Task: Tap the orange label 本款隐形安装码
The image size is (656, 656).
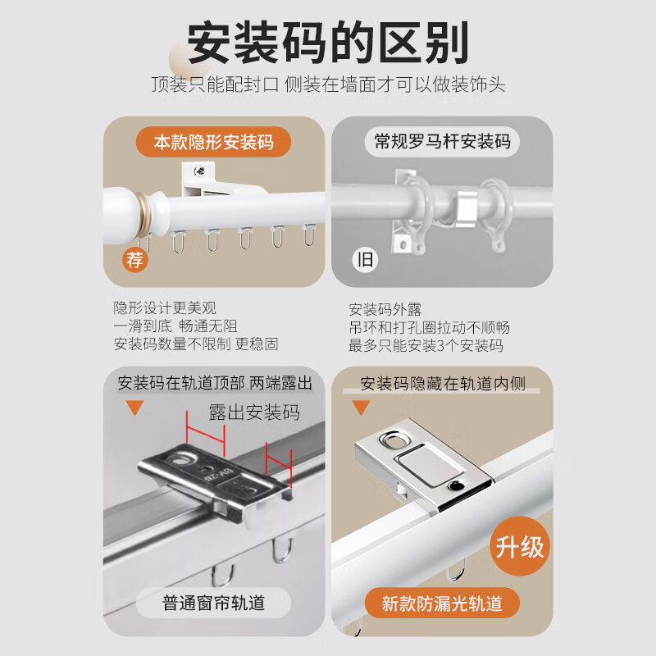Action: tap(213, 142)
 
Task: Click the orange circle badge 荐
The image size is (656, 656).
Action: tap(135, 261)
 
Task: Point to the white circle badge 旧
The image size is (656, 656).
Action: tap(365, 261)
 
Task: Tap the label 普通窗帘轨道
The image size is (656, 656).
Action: tap(214, 604)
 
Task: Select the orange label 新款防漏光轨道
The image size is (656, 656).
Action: tap(441, 604)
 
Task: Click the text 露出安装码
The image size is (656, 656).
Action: tap(254, 412)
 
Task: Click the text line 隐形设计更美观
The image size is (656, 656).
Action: tap(165, 308)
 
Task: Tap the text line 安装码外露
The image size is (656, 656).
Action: tap(385, 310)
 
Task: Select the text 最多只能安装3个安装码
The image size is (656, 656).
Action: tap(426, 346)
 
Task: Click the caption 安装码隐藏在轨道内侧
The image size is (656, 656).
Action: tap(443, 383)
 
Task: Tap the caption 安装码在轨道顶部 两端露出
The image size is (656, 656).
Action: tap(215, 383)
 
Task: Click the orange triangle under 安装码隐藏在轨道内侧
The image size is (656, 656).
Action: tap(361, 408)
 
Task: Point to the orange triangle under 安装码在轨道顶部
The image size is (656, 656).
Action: tap(134, 408)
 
